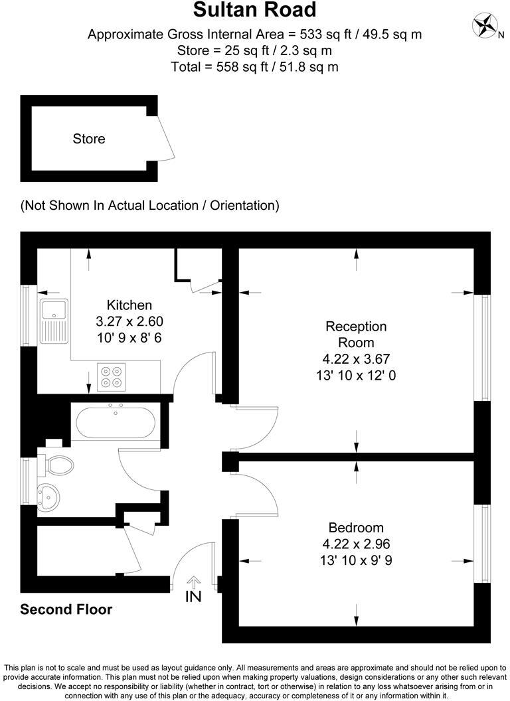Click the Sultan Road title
pos(255,11)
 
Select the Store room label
pos(89,139)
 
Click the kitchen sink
pos(52,321)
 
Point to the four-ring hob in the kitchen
pos(111,376)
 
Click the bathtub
pos(116,422)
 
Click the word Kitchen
pos(129,305)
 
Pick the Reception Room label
pos(355,335)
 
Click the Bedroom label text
pos(356,528)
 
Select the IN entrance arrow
pos(193,590)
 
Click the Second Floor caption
pos(66,609)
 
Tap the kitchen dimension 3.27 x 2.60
pos(129,321)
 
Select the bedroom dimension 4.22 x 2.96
pos(356,544)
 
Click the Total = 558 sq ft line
pos(255,66)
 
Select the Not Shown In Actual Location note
pos(149,205)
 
